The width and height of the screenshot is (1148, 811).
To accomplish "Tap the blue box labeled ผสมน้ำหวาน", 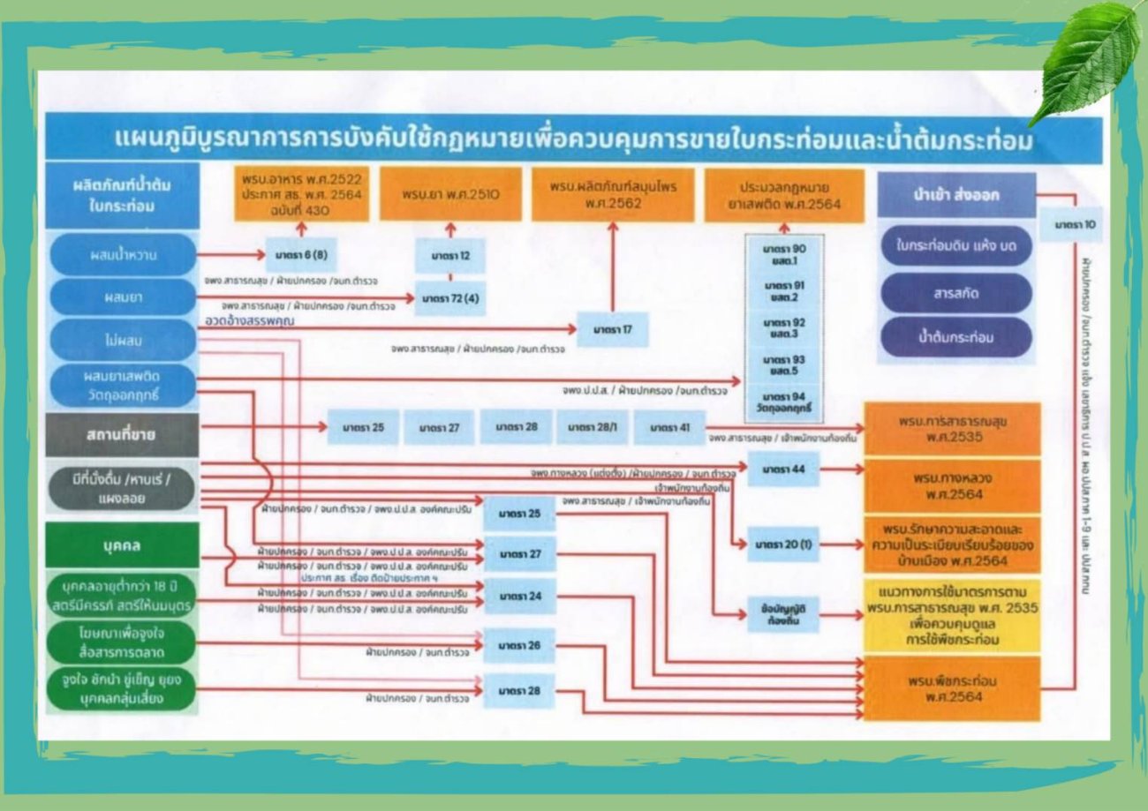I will [122, 255].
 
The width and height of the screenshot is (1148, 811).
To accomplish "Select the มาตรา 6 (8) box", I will [300, 255].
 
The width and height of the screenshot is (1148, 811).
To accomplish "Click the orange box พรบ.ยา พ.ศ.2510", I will [450, 194].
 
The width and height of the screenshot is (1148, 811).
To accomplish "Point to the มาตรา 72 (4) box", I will [450, 299].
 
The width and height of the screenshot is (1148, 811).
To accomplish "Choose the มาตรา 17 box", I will [613, 330].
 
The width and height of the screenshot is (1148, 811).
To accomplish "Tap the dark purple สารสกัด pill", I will [956, 293].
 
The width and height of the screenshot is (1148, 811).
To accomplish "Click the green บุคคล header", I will [122, 545].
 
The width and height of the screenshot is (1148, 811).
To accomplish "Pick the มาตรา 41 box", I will [669, 427].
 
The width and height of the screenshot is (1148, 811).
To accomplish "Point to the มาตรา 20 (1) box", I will [782, 545].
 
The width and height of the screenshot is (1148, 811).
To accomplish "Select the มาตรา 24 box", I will [519, 597].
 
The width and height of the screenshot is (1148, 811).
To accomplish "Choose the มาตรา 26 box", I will [519, 646].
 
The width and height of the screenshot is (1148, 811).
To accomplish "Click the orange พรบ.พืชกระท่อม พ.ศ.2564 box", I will [952, 688].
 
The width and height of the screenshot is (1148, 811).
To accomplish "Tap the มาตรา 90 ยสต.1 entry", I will [784, 254].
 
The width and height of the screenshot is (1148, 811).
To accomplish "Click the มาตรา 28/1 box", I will [592, 427].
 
